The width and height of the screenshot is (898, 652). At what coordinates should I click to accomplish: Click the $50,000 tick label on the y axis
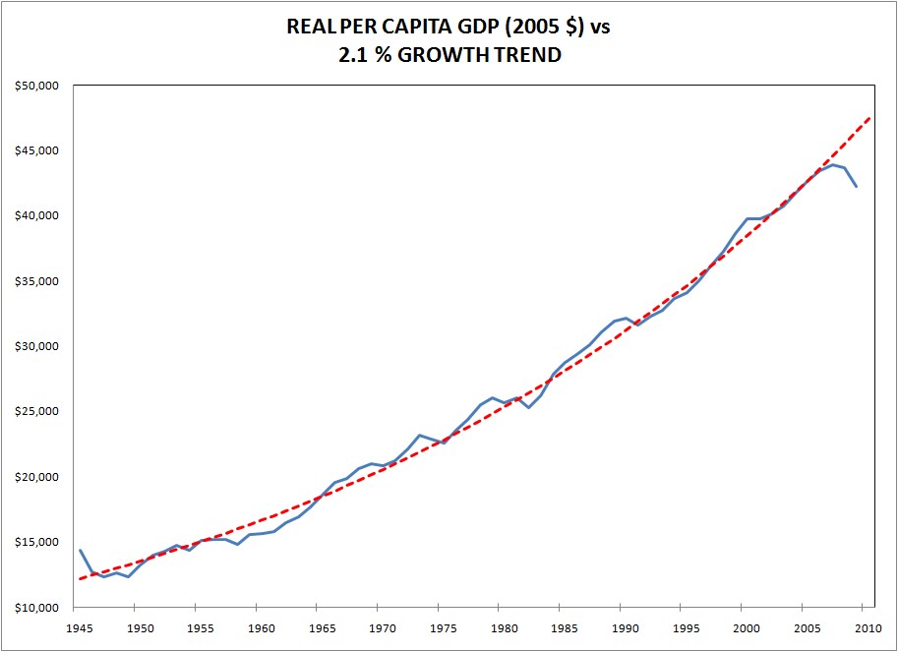pos(38,86)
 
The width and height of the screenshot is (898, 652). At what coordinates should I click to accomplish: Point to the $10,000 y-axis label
pos(38,608)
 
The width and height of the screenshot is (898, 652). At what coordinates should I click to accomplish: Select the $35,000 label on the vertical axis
pos(38,281)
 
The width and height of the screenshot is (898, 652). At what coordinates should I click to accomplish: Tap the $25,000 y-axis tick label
pos(38,412)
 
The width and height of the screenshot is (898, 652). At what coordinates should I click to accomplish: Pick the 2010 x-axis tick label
pos(867,627)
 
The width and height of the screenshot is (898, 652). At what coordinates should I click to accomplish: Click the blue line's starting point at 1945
pos(80,550)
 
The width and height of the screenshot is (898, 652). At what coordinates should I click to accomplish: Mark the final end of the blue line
pos(857,187)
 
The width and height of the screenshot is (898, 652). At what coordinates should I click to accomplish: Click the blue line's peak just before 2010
pos(832,164)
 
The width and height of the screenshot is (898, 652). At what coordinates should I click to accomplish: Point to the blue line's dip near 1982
pos(528,407)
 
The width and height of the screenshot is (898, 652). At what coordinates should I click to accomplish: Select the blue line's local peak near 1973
pos(419,435)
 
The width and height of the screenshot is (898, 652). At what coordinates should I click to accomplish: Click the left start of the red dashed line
pos(80,578)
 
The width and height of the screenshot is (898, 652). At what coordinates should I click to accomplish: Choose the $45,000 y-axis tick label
pos(38,150)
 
